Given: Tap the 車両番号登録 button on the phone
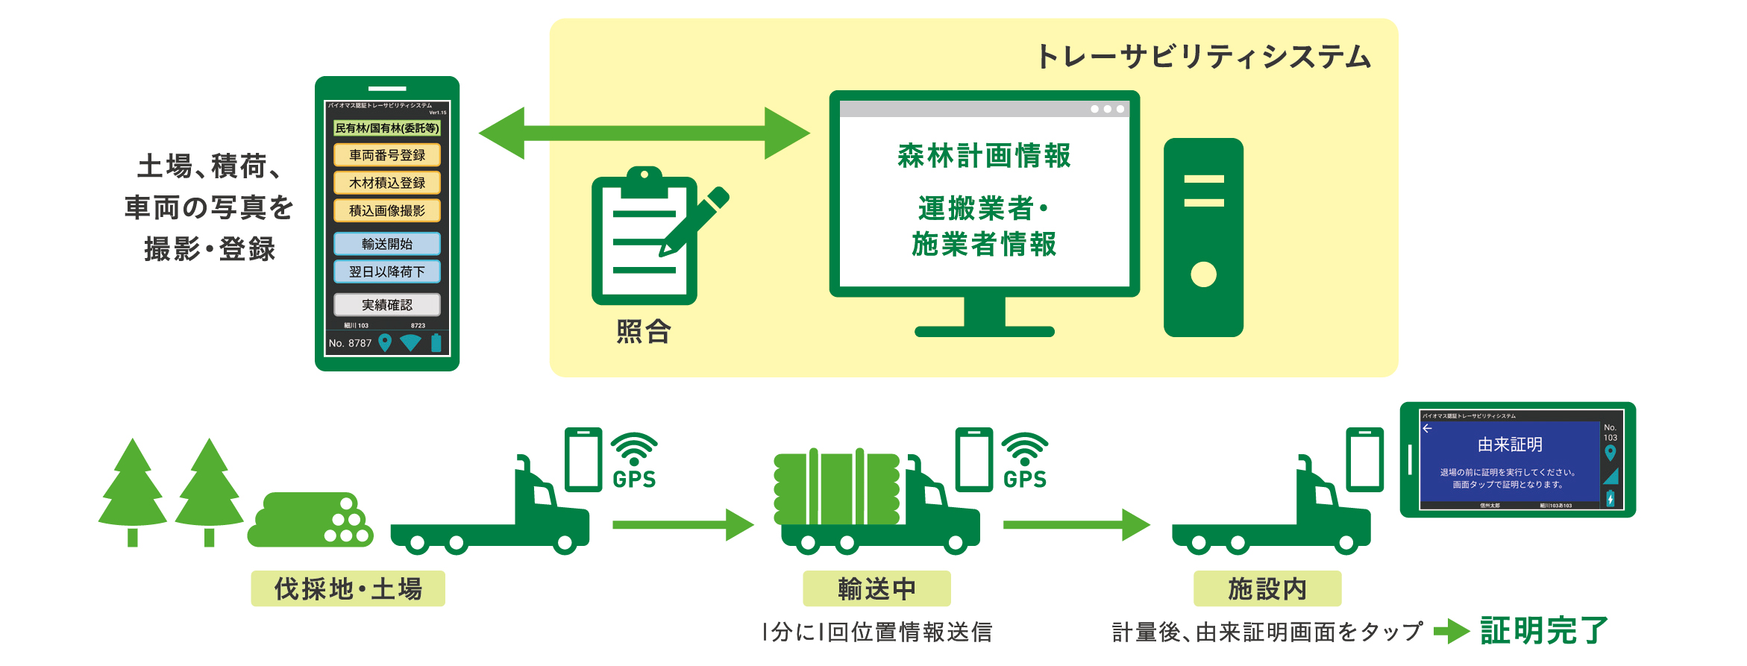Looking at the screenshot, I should [386, 155].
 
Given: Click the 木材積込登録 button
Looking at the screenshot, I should [386, 183].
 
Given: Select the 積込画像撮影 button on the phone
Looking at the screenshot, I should [386, 211].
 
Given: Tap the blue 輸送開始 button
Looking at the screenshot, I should [386, 244].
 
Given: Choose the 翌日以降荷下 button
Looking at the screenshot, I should [386, 271].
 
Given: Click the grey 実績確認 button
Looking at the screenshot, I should [386, 305].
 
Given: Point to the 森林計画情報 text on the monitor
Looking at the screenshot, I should [984, 156].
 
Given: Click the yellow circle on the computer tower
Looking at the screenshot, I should [1203, 274].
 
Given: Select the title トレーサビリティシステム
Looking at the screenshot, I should [1203, 57].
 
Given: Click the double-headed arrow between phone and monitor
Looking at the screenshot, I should [644, 133].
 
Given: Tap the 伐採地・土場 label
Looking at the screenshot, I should [348, 589].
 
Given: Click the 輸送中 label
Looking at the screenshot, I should [876, 589].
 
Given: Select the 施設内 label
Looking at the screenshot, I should [1267, 589].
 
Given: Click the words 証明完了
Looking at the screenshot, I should [1544, 631].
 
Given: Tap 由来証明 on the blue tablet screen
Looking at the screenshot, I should [1510, 444].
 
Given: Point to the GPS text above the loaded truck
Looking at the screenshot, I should [1025, 480].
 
